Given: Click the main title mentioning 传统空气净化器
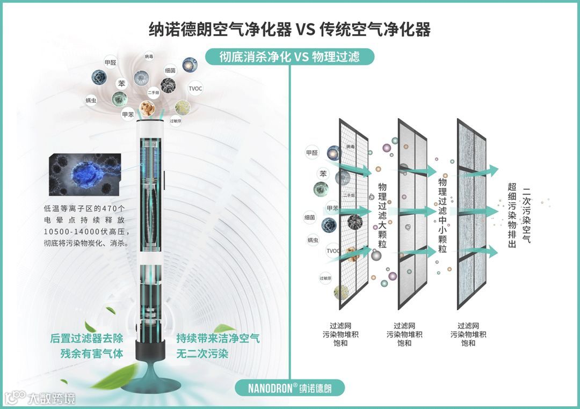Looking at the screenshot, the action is coord(289,30).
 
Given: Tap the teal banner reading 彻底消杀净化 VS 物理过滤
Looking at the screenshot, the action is coord(289,56).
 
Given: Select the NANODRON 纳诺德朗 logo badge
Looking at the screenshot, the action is coord(289,388).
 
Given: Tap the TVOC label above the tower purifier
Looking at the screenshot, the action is coord(195,89).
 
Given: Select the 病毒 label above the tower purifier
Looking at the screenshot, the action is coord(149,56).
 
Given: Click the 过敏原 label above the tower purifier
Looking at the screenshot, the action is coord(176,121).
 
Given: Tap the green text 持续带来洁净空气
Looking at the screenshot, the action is coord(218,339).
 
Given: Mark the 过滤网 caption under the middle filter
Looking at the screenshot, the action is coord(404,326).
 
